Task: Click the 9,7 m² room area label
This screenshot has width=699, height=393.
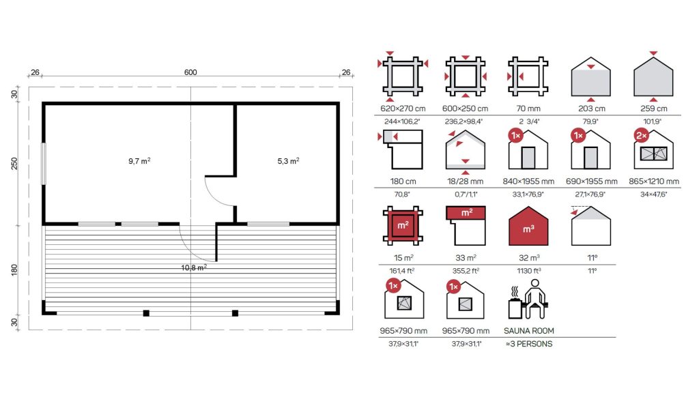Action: pyautogui.click(x=139, y=161)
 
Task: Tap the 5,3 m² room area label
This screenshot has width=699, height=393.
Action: pyautogui.click(x=289, y=161)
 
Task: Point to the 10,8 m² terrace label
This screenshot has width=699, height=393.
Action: pyautogui.click(x=194, y=267)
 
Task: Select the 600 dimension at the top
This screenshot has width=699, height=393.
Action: pyautogui.click(x=190, y=72)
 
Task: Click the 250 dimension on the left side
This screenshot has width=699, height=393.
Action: pyautogui.click(x=14, y=164)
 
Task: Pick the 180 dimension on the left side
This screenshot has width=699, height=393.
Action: pyautogui.click(x=14, y=270)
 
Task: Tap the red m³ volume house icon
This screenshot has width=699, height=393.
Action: pyautogui.click(x=528, y=226)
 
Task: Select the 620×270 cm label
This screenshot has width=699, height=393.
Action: pyautogui.click(x=403, y=108)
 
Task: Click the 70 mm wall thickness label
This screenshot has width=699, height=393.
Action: pyautogui.click(x=528, y=108)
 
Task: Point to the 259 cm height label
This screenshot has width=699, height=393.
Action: pyautogui.click(x=653, y=108)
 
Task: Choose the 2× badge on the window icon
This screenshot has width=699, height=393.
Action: pyautogui.click(x=642, y=136)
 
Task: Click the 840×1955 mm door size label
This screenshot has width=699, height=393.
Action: pyautogui.click(x=528, y=181)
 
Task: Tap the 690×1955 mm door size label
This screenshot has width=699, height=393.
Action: pyautogui.click(x=592, y=181)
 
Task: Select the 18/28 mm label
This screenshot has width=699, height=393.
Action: pyautogui.click(x=466, y=181)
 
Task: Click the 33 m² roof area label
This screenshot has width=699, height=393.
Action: pyautogui.click(x=466, y=258)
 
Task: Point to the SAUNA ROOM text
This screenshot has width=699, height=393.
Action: pyautogui.click(x=529, y=331)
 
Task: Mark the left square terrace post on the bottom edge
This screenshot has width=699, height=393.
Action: pyautogui.click(x=146, y=313)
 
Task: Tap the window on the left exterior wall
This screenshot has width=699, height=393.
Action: pyautogui.click(x=43, y=164)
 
